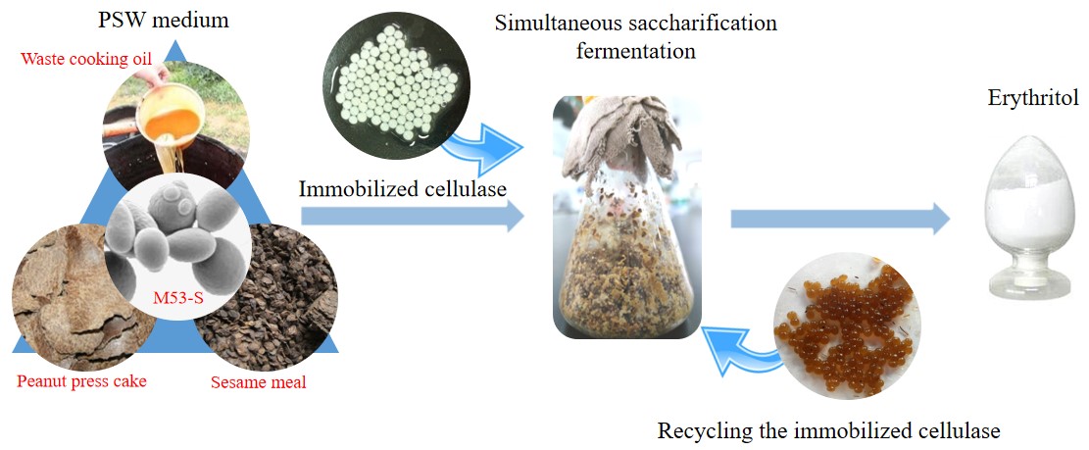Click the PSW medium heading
(177, 20)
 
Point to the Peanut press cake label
(81, 380)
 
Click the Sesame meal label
(258, 381)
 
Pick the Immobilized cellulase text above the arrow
(402, 188)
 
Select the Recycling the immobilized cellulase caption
(828, 429)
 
